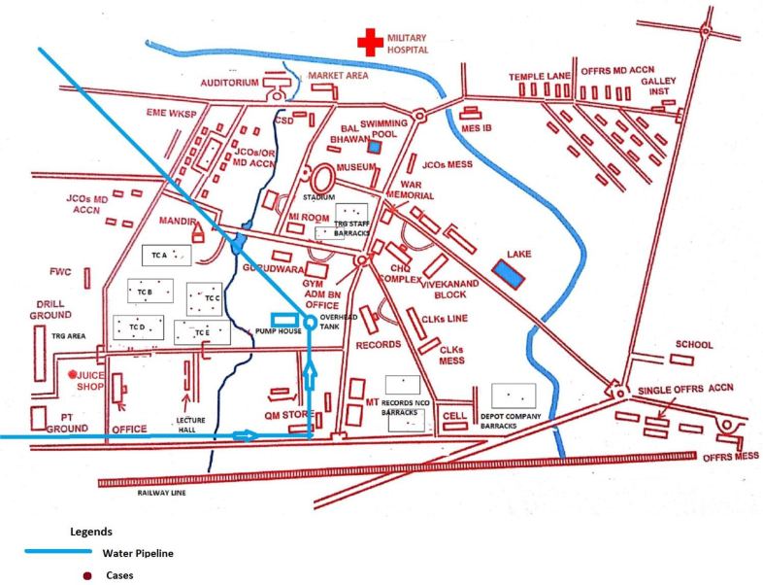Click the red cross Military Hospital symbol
[x=370, y=42]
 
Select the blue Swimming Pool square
[x=375, y=147]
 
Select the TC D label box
[x=138, y=327]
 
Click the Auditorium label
[x=230, y=84]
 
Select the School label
[x=693, y=345]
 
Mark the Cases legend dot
[x=86, y=575]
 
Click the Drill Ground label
[x=50, y=310]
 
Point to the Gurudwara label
[x=268, y=265]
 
